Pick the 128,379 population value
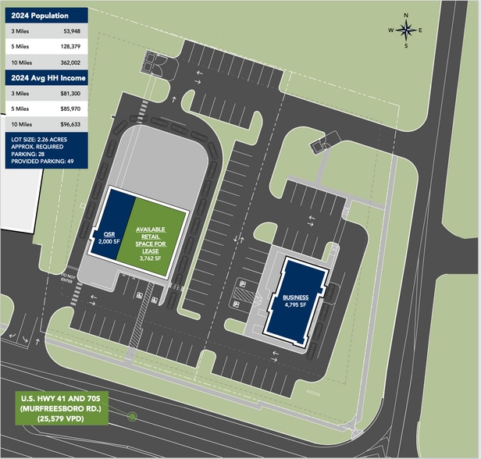click(x=69, y=47)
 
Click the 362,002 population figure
click(x=69, y=62)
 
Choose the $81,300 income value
click(x=69, y=93)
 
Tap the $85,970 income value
click(x=69, y=109)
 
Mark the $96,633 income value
click(x=69, y=123)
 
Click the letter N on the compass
click(x=407, y=14)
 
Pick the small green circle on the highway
click(x=132, y=417)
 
